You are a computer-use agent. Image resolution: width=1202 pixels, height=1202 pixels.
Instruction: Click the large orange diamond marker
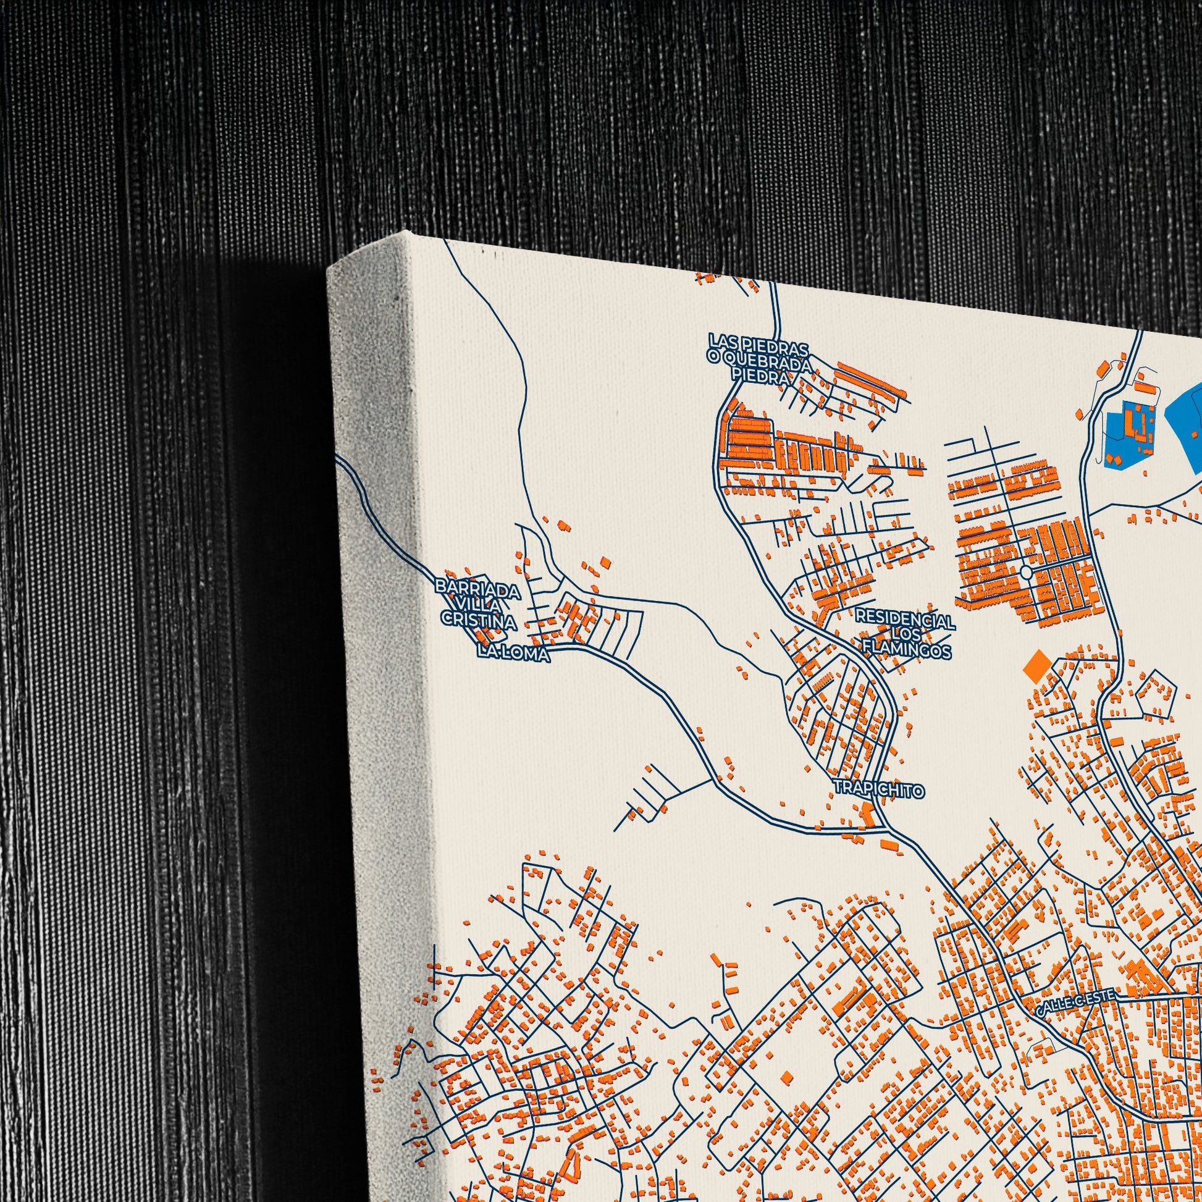point(1037,667)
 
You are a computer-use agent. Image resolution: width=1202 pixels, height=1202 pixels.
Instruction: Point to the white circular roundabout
point(1026,571)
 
